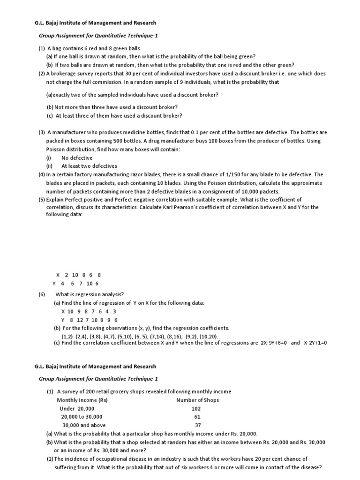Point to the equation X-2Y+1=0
pyautogui.click(x=315, y=343)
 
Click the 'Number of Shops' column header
pyautogui.click(x=197, y=400)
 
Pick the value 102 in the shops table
pyautogui.click(x=196, y=408)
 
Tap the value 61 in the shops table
pyautogui.click(x=197, y=417)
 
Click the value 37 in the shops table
pyautogui.click(x=197, y=425)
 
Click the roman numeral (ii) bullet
pyautogui.click(x=49, y=166)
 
